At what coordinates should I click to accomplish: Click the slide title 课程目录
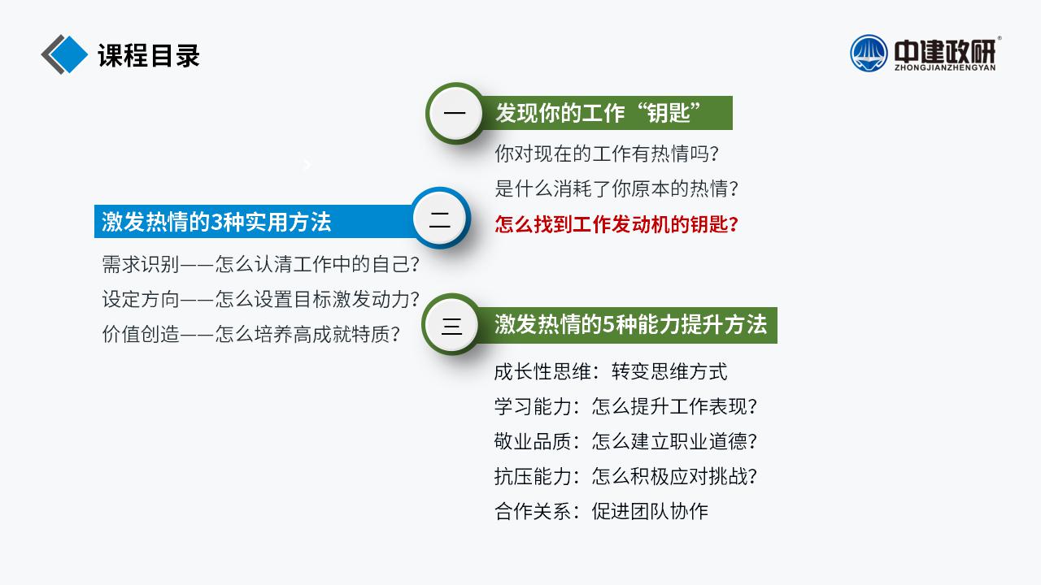pyautogui.click(x=149, y=55)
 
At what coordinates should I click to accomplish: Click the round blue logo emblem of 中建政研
pyautogui.click(x=869, y=53)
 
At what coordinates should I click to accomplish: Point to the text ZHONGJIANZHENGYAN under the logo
pyautogui.click(x=945, y=67)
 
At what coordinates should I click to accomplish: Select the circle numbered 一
pyautogui.click(x=455, y=113)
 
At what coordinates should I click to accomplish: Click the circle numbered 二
pyautogui.click(x=440, y=219)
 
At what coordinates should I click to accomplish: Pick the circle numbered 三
pyautogui.click(x=451, y=324)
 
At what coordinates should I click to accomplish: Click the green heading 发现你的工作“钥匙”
pyautogui.click(x=598, y=113)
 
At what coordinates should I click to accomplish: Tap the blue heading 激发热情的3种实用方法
pyautogui.click(x=216, y=222)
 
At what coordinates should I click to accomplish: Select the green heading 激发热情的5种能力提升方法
pyautogui.click(x=630, y=324)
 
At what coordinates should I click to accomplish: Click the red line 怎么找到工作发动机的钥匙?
pyautogui.click(x=616, y=224)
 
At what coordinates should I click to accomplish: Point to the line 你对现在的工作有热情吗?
pyautogui.click(x=607, y=154)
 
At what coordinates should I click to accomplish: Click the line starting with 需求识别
pyautogui.click(x=261, y=264)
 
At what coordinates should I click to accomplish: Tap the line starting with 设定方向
pyautogui.click(x=261, y=299)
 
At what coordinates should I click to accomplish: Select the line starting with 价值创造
pyautogui.click(x=251, y=334)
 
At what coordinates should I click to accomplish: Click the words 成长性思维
pyautogui.click(x=542, y=371)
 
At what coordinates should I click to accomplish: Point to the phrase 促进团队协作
pyautogui.click(x=650, y=511)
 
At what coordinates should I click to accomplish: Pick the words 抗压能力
pyautogui.click(x=533, y=476)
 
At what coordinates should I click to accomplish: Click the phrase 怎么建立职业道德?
pyautogui.click(x=674, y=441)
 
